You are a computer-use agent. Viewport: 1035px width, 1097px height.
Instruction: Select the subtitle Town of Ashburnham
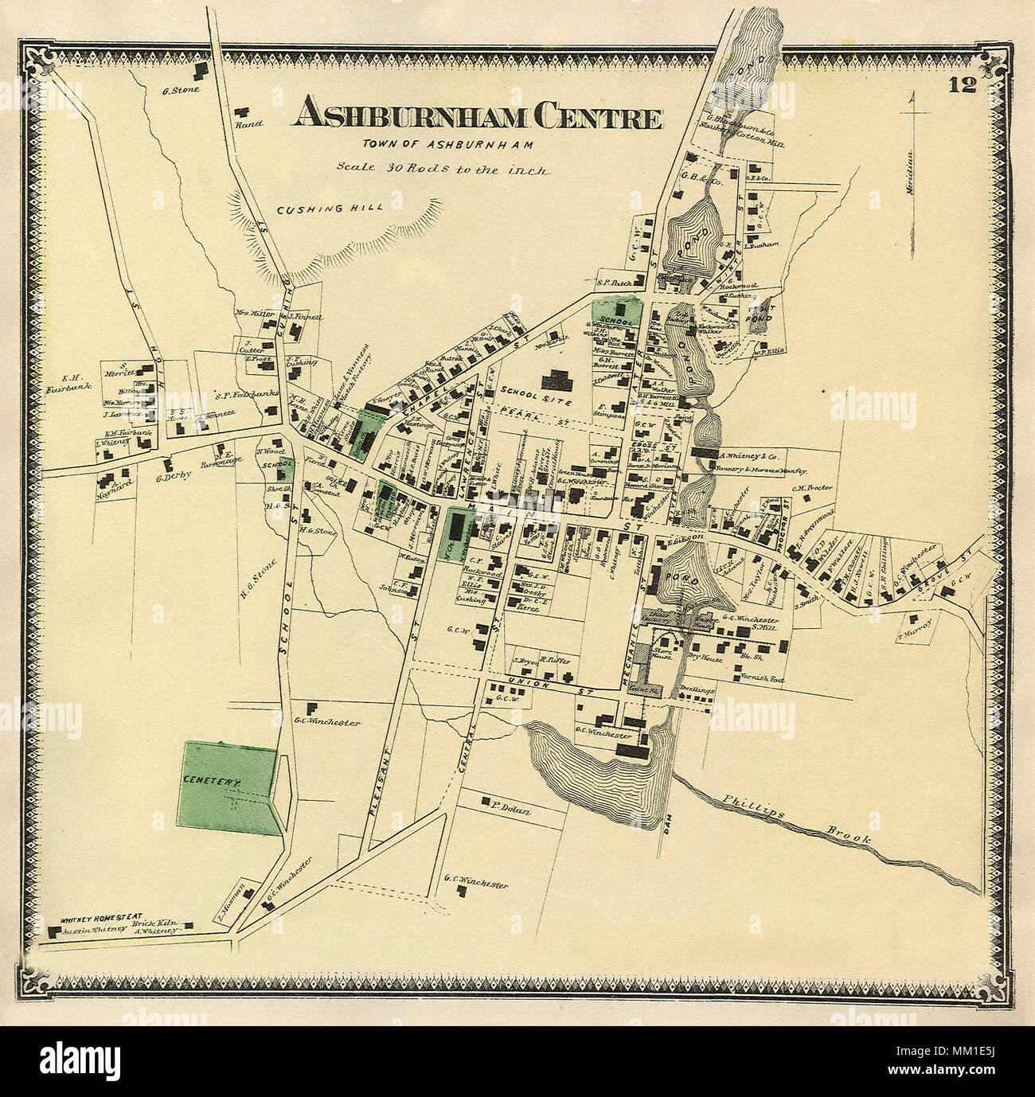click(435, 145)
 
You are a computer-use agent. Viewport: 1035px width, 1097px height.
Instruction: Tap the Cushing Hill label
click(330, 209)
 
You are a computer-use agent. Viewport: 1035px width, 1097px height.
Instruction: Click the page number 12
click(962, 85)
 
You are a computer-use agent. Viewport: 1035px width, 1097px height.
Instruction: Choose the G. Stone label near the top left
click(180, 89)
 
